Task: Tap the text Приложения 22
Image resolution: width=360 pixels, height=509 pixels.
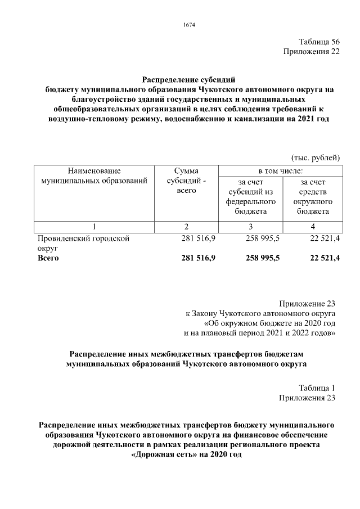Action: (309, 52)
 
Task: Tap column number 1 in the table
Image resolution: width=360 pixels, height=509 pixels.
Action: (94, 226)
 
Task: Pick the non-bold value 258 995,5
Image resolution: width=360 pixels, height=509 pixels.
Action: (263, 238)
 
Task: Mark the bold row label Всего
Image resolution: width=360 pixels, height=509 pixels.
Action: (48, 258)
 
